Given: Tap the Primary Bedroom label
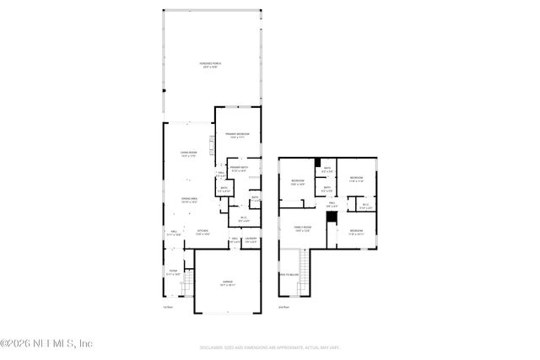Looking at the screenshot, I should coord(235,137).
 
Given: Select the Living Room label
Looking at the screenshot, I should coord(188,153).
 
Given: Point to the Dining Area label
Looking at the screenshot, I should coord(188,201).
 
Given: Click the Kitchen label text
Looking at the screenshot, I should coord(202,233).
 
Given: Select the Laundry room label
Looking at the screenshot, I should coord(251,241).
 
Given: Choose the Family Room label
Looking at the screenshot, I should coord(302,228).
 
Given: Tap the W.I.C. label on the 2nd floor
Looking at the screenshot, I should coord(365,205).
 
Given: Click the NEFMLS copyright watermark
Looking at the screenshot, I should coord(46,343).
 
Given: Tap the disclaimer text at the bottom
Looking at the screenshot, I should coord(270,347).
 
